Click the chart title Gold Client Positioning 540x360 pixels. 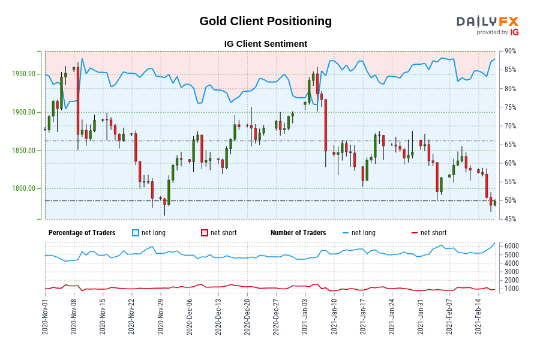pos(265,21)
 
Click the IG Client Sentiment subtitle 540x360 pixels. pos(265,44)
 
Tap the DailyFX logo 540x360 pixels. pos(487,22)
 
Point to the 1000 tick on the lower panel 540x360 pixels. pos(511,289)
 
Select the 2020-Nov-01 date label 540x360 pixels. pos(45,317)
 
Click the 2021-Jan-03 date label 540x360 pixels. pos(304,317)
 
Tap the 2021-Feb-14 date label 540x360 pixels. pos(478,317)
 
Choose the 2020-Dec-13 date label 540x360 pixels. pos(218,317)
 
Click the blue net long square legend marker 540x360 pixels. pos(136,233)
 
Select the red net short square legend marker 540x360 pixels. pos(205,233)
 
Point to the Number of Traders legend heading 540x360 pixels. pos(298,233)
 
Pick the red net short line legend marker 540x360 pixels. pos(414,233)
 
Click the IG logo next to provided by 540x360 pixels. pos(514,32)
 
